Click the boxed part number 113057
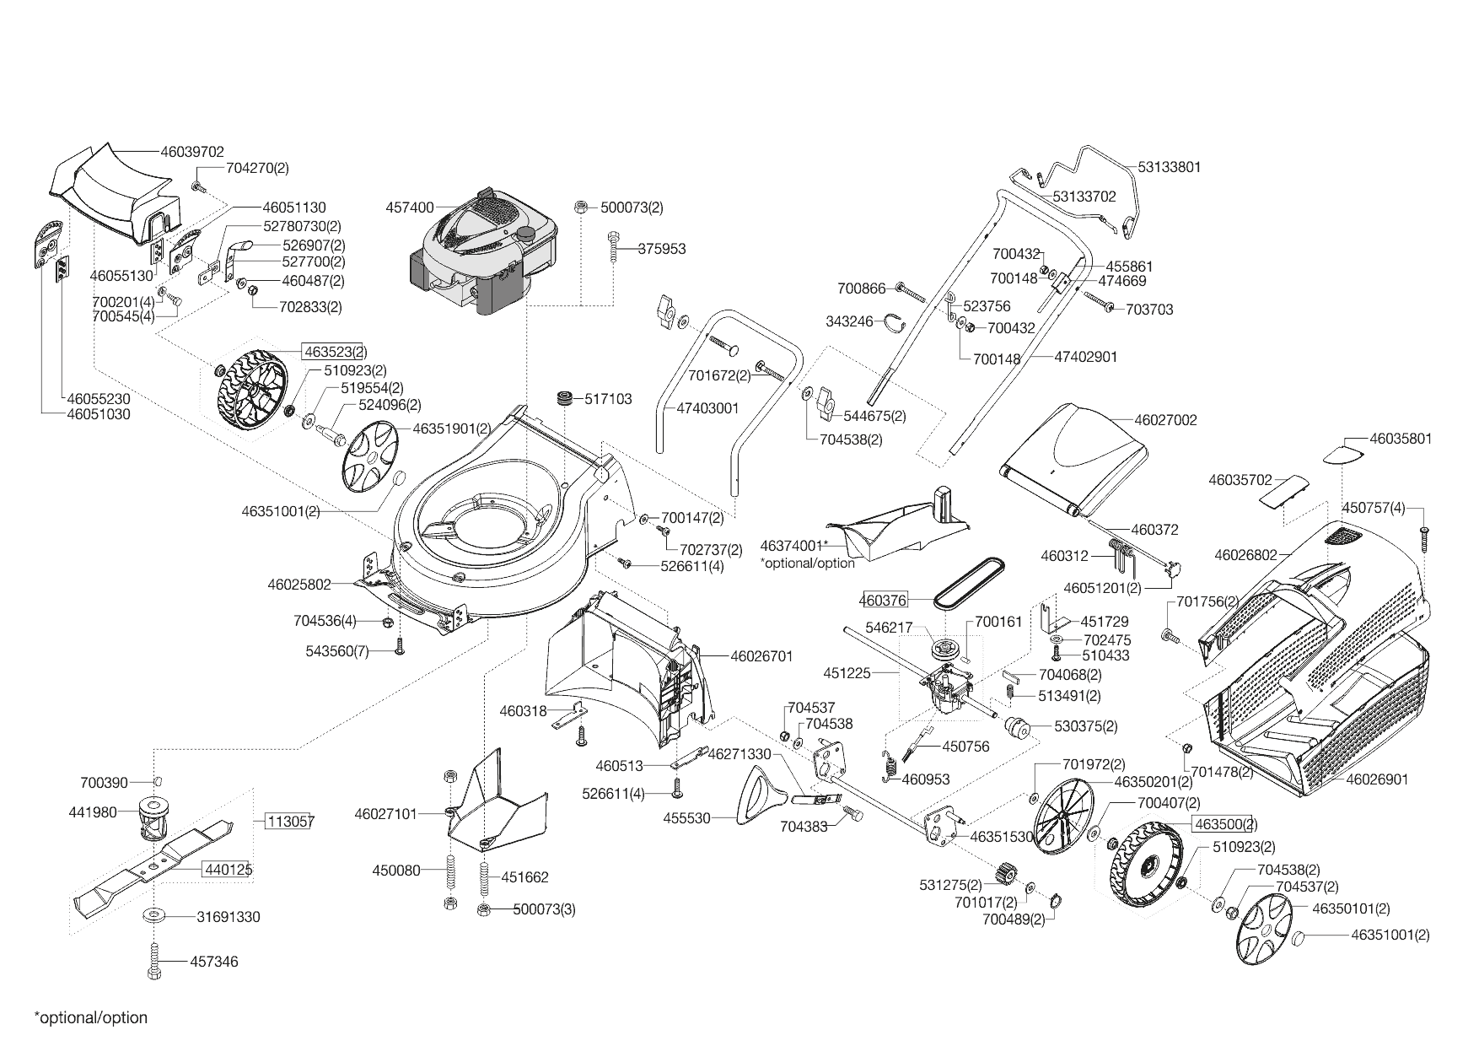click(290, 821)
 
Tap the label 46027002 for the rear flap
click(1165, 420)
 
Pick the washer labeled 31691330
click(155, 915)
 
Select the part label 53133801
click(1169, 167)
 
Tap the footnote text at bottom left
click(90, 1017)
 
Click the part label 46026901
click(1377, 779)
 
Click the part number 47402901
click(1086, 357)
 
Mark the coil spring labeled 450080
click(449, 870)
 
